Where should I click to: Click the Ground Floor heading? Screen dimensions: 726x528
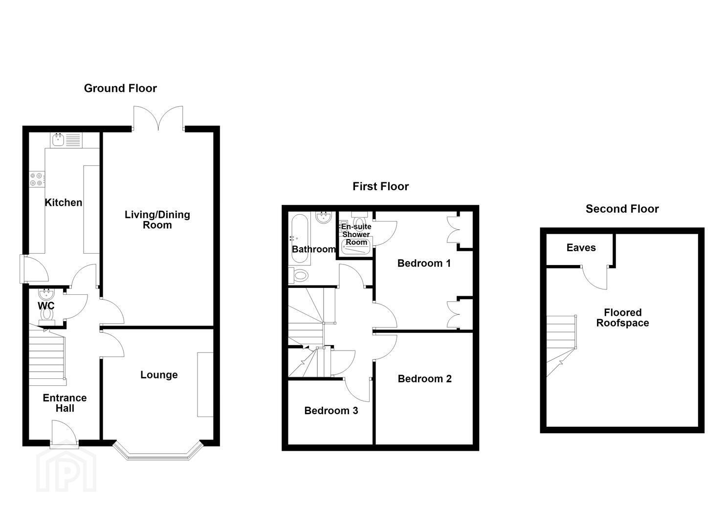pos(120,88)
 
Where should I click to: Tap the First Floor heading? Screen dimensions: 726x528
pos(380,186)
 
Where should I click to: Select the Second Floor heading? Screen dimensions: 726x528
pos(622,209)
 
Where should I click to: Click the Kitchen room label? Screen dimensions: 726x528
pos(63,202)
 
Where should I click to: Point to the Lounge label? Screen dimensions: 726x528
pos(159,374)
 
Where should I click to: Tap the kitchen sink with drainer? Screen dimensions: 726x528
pos(66,140)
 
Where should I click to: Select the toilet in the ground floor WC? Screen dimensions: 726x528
pos(47,316)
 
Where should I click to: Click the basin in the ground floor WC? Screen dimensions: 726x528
pos(46,294)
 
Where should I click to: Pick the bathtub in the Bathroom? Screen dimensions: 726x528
pos(300,238)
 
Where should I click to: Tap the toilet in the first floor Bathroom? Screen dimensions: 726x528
pos(298,276)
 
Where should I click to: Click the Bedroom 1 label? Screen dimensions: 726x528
pos(424,263)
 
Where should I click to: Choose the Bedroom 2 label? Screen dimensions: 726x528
pos(424,378)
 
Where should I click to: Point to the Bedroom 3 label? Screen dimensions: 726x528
pos(331,411)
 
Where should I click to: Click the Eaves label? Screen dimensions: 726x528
pos(581,248)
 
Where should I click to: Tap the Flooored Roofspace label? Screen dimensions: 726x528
pos(623,318)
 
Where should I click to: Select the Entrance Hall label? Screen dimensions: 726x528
pos(65,403)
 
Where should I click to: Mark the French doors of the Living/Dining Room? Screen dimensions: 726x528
pos(158,118)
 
